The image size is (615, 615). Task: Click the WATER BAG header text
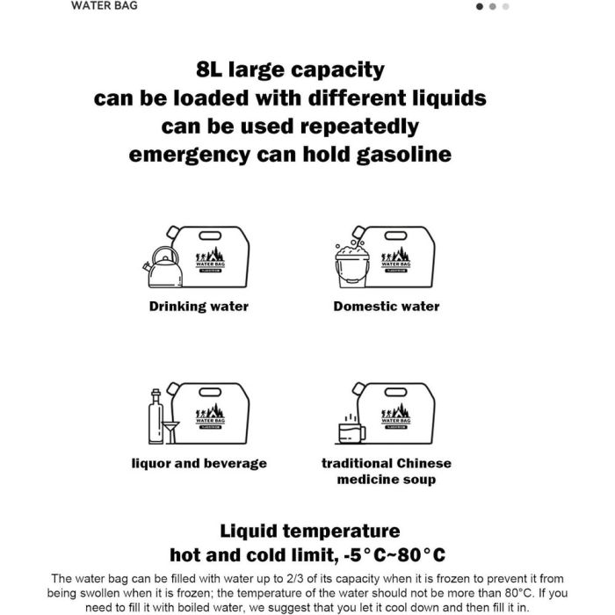[104, 5]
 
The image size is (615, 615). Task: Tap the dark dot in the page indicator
[480, 6]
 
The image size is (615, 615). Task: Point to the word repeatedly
[358, 126]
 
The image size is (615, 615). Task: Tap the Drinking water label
[199, 307]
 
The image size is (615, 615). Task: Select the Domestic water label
[387, 307]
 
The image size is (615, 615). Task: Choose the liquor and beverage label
[199, 463]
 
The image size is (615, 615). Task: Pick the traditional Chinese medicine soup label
[386, 471]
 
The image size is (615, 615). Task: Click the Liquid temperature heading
[309, 531]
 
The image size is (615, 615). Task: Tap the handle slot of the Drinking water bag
[212, 235]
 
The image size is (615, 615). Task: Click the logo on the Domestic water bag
[395, 261]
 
